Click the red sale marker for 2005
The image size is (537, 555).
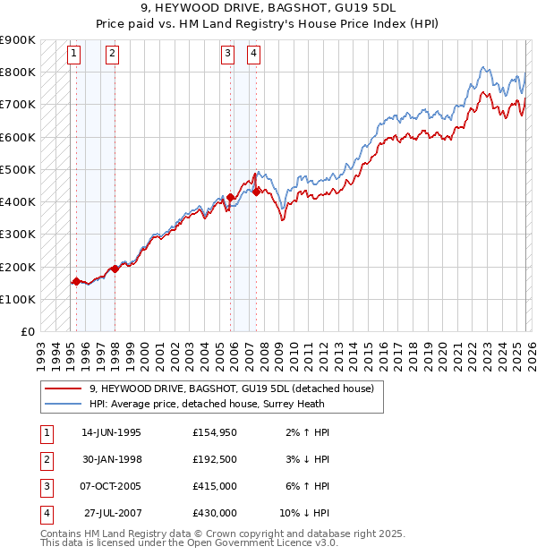[230, 197]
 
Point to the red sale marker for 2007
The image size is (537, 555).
[257, 191]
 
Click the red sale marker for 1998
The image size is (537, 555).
[115, 269]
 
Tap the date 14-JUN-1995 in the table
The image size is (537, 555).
[111, 432]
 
